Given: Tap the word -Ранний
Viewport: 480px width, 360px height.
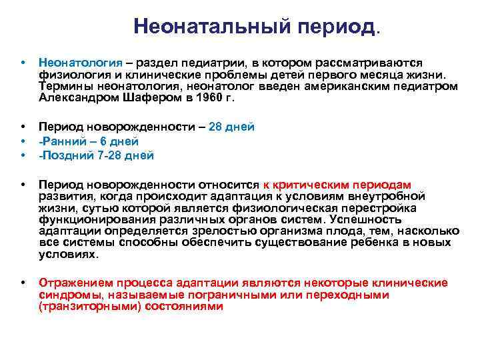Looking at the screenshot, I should pos(60,141).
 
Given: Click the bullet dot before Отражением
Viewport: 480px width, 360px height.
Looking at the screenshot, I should pos(24,283).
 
